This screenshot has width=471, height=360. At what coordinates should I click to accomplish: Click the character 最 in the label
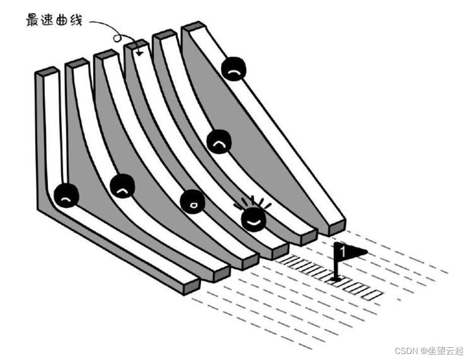pos(33,21)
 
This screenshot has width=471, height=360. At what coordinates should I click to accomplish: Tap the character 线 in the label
pos(75,21)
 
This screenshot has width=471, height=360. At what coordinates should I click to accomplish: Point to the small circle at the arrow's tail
pos(117,37)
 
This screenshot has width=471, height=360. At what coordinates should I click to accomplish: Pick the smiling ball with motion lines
pos(253,219)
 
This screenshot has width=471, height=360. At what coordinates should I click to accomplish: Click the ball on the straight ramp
pos(234,69)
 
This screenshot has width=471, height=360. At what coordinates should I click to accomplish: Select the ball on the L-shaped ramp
pos(66,196)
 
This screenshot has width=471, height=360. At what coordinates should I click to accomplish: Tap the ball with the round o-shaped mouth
pos(192,202)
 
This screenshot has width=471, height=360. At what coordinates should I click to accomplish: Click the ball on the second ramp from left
pos(122,187)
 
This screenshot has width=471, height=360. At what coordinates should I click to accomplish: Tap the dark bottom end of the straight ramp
pos(337,227)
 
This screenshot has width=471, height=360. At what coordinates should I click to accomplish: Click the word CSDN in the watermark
pos(407,350)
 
